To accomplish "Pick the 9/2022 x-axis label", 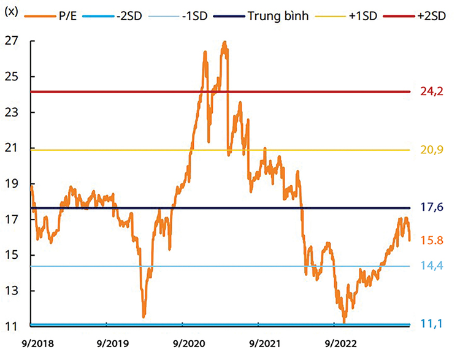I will (x=339, y=339).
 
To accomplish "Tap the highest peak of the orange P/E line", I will (x=225, y=42).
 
